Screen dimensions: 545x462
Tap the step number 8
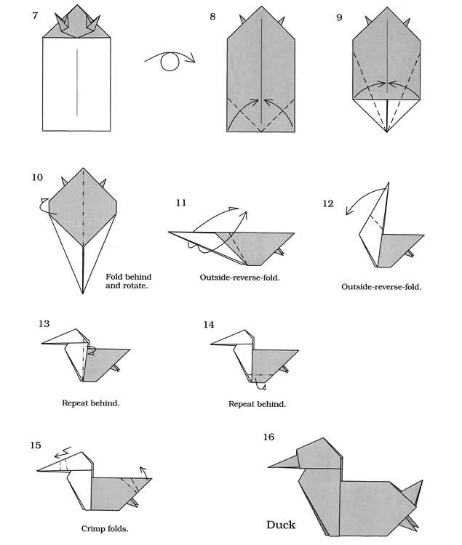pos(212,16)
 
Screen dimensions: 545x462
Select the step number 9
pos(340,16)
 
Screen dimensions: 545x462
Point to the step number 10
pos(38,177)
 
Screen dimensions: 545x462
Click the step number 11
pos(180,202)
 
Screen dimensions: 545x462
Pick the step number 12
pos(328,203)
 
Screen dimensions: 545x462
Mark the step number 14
pos(209,324)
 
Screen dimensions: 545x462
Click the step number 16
pos(269,437)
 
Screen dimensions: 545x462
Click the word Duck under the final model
pos(281,524)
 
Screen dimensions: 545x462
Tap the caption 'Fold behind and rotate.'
pos(129,281)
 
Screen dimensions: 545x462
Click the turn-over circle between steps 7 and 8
pos(170,64)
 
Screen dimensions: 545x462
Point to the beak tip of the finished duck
pos(268,466)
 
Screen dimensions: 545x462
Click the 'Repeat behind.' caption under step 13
pos(92,402)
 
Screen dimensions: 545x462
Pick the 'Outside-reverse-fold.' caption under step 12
pos(381,286)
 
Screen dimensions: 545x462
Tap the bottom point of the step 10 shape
pos(84,293)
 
